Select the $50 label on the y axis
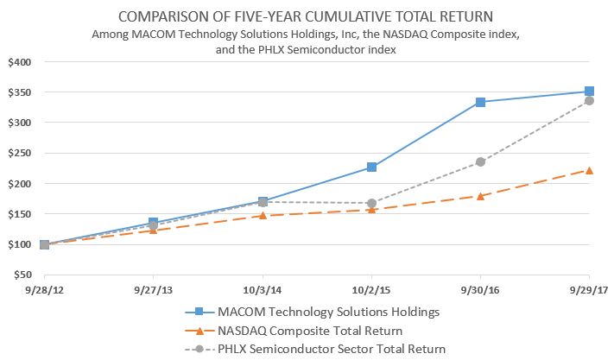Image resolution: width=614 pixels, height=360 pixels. [x=20, y=275]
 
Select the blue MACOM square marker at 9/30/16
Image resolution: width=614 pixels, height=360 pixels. [x=480, y=102]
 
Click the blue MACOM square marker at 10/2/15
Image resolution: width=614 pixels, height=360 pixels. [x=371, y=167]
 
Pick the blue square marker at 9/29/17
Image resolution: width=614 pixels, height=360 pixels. [x=589, y=91]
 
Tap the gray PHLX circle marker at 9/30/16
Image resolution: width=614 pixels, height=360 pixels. [x=480, y=161]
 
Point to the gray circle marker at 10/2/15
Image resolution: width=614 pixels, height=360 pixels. [x=371, y=203]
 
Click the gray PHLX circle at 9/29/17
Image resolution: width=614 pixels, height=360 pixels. [x=589, y=100]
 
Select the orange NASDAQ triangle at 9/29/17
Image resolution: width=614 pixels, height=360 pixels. [x=589, y=170]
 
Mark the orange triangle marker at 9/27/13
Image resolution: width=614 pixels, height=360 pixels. [x=153, y=230]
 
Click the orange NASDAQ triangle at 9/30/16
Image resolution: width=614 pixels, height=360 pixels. [x=480, y=196]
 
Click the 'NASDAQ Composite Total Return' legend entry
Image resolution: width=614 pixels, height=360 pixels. [x=309, y=331]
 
